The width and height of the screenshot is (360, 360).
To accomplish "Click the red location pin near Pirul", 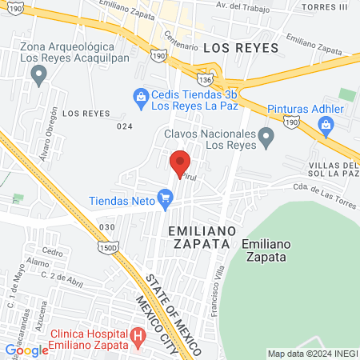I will tap(179, 162).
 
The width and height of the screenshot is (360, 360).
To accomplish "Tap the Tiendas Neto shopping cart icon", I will tap(166, 195).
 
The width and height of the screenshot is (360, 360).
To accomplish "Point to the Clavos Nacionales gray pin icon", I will tap(267, 139).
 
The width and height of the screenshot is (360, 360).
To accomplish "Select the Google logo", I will tap(27, 350).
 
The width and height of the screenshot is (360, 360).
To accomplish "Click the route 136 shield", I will tap(206, 81).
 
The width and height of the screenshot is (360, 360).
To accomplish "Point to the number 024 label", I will tap(123, 126).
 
